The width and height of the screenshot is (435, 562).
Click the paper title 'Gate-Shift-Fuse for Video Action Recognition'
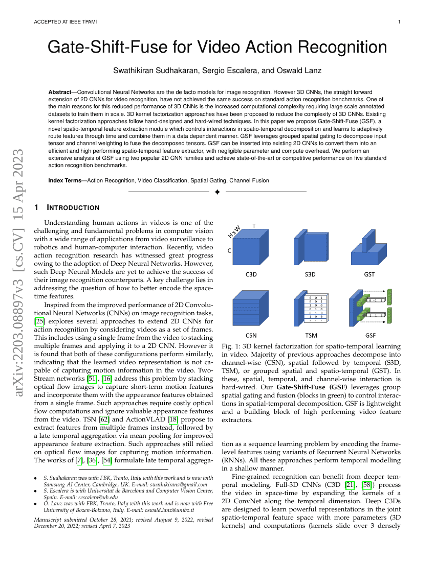pos(217,48)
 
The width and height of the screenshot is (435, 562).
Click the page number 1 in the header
pos(399,22)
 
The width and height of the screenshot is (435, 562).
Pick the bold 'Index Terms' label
pos(64,180)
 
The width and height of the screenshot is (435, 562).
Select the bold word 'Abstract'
pos(60,90)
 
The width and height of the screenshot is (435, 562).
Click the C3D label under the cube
pos(251,274)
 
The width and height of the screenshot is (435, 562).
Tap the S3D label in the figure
pos(310,274)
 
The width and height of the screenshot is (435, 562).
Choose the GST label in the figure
pos(369,274)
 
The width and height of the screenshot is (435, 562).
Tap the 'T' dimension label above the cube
pos(254,225)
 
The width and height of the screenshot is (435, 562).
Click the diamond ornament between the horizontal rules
pos(217,192)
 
